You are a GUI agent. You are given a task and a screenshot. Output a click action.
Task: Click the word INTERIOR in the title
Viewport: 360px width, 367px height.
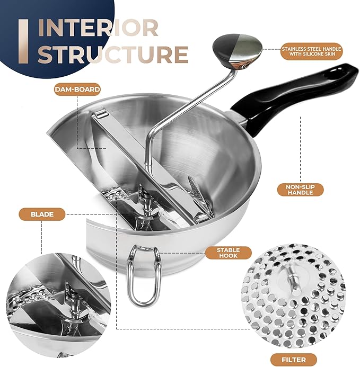[x=98, y=28]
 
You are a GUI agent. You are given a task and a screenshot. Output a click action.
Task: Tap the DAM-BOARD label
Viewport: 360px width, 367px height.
[x=77, y=89]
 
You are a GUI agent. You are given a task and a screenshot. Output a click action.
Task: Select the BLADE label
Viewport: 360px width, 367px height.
[x=42, y=214]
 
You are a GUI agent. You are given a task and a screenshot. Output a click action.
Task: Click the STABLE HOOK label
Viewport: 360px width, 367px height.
[x=229, y=253]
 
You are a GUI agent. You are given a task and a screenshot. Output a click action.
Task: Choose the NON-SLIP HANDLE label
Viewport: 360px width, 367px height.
[x=301, y=190]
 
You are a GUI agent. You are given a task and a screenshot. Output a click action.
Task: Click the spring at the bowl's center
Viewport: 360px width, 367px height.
[x=143, y=198]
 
